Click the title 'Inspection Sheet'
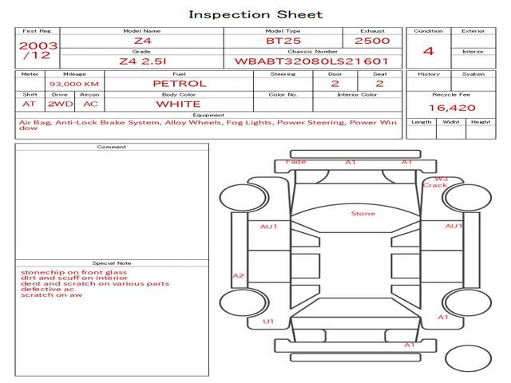pyautogui.click(x=255, y=14)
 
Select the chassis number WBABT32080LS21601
pyautogui.click(x=311, y=61)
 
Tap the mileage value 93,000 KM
pyautogui.click(x=74, y=84)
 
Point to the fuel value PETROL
pyautogui.click(x=179, y=84)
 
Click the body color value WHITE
pyautogui.click(x=178, y=104)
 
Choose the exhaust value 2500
pyautogui.click(x=372, y=41)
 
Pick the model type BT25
pyautogui.click(x=283, y=41)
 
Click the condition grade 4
pyautogui.click(x=429, y=51)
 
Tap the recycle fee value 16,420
pyautogui.click(x=452, y=108)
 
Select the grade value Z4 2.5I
pyautogui.click(x=141, y=61)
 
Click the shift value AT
pyautogui.click(x=30, y=104)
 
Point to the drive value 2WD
pyautogui.click(x=59, y=104)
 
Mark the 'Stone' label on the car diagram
pyautogui.click(x=363, y=214)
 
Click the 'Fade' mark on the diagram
pyautogui.click(x=295, y=162)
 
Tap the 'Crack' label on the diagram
pyautogui.click(x=435, y=185)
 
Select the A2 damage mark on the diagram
pyautogui.click(x=238, y=276)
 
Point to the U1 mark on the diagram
pyautogui.click(x=269, y=322)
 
